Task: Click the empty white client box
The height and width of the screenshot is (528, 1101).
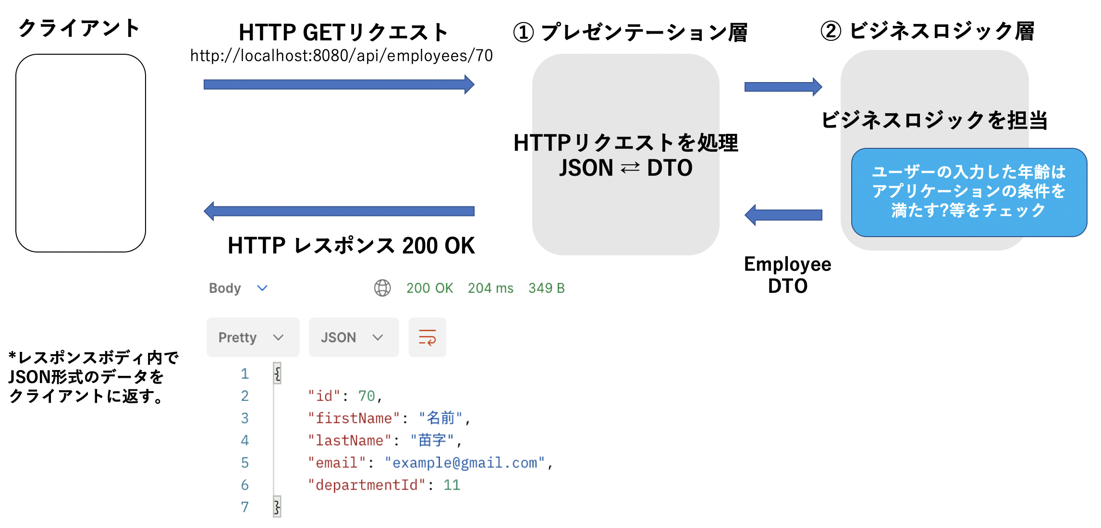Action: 81,153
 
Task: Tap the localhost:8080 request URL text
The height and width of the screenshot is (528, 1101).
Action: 341,56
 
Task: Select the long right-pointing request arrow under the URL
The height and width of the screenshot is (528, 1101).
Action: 338,85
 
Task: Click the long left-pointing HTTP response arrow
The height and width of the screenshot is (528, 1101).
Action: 338,211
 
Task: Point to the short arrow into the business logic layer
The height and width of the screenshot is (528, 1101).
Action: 783,87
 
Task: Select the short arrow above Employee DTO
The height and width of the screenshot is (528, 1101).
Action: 783,215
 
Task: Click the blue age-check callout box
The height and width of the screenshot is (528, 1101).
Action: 968,192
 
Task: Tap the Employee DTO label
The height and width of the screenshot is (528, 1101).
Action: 787,275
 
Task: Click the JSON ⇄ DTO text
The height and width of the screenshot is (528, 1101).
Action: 625,168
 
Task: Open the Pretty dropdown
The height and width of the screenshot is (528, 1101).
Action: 253,337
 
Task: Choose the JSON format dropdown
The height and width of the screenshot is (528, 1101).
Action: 353,337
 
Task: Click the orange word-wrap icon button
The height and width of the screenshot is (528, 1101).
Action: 427,337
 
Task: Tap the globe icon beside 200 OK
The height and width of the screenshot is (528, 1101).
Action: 382,288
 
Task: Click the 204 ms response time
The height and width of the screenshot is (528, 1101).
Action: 490,288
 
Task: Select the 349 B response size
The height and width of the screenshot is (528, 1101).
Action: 546,288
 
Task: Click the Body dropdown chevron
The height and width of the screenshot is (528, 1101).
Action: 262,288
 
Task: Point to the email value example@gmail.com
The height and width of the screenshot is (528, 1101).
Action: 465,463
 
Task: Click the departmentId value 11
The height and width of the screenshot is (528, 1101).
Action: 452,485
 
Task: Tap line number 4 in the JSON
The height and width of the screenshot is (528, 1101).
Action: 245,440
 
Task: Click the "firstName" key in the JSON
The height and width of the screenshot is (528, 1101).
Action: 354,418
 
